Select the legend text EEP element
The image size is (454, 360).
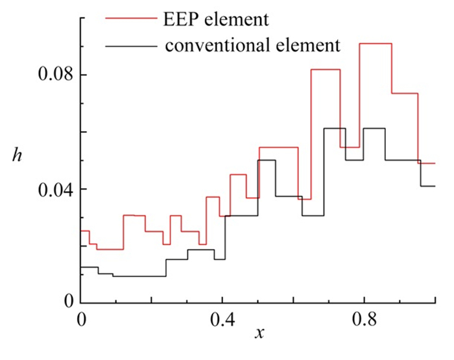[216, 20]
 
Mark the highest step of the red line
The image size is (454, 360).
[376, 43]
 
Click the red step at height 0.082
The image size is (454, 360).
[326, 69]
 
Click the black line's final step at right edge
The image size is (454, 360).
[427, 186]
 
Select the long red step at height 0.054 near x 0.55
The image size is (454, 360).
[278, 147]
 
